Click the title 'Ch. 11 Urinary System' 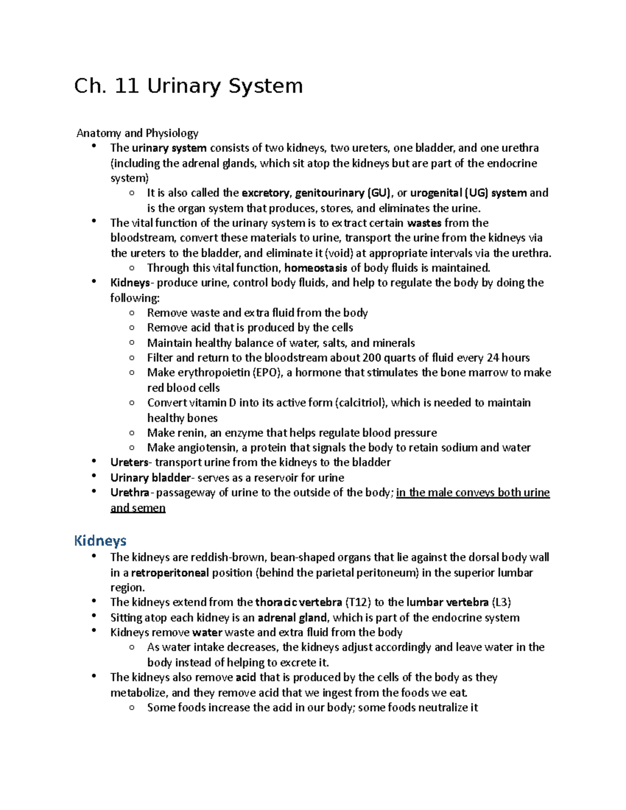[188, 86]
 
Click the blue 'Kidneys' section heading [100, 540]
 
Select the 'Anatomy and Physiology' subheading [137, 133]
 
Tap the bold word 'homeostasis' [316, 268]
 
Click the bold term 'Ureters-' [131, 463]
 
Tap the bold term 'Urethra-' [132, 493]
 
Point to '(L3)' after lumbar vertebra [501, 602]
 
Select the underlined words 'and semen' [138, 508]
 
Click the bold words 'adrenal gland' [293, 618]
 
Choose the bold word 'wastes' [424, 223]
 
